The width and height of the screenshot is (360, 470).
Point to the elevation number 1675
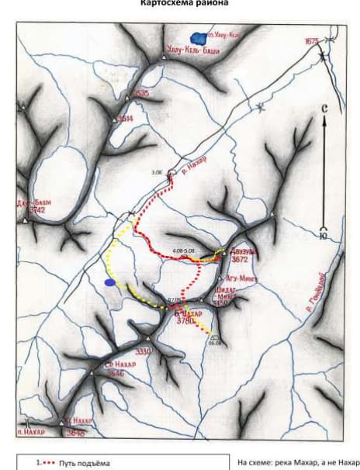coord(312,41)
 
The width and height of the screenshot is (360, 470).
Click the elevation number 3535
coord(141,93)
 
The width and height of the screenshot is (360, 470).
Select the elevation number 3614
coord(125,119)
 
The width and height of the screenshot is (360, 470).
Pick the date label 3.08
coord(157,172)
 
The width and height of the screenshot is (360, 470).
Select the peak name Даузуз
coord(240,252)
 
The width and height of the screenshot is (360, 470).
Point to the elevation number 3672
coord(239,261)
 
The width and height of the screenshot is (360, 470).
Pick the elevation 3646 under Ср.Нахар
coord(115,373)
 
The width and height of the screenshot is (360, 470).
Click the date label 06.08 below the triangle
coord(214,342)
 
